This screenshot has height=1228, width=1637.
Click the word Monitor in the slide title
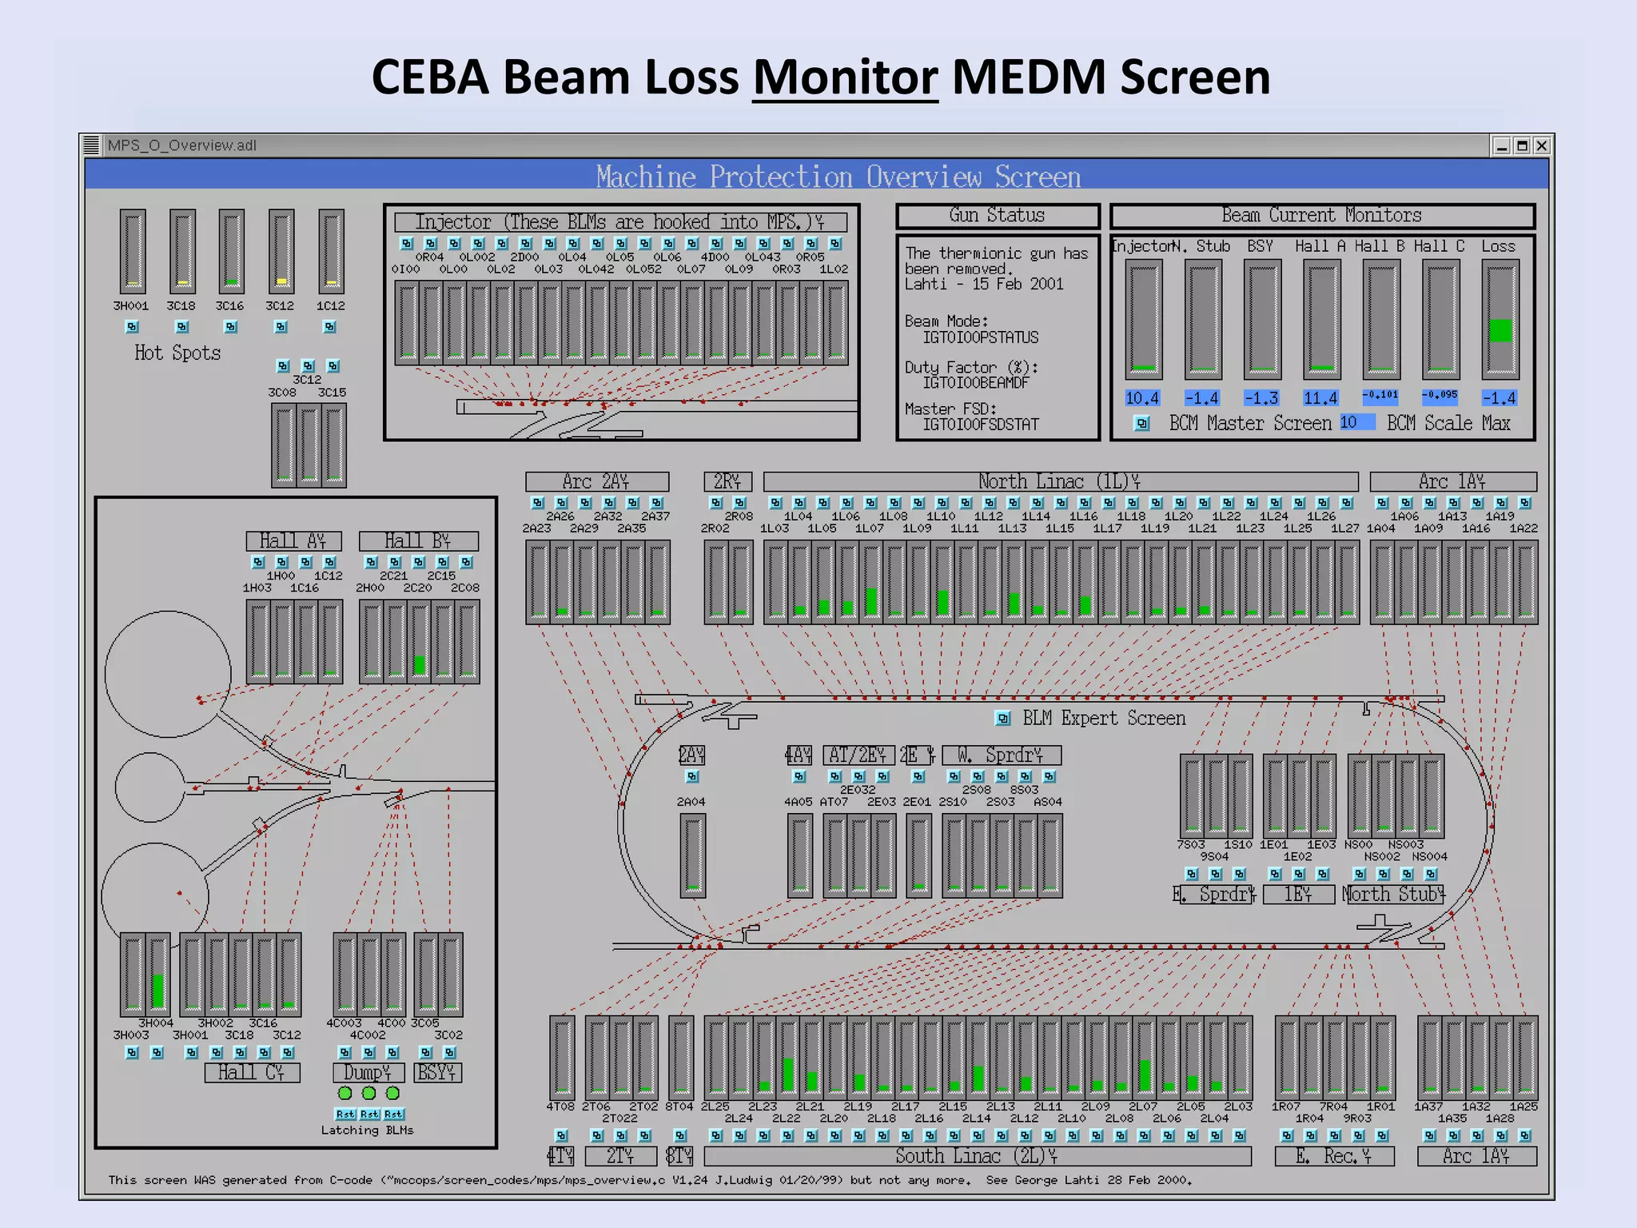click(x=845, y=78)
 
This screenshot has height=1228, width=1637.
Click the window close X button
click(x=1542, y=146)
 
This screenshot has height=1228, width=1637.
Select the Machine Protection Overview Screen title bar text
click(x=838, y=177)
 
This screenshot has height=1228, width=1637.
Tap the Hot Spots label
click(x=177, y=353)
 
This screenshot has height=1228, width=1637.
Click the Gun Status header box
click(x=997, y=216)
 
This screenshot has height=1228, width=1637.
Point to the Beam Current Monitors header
click(x=1321, y=216)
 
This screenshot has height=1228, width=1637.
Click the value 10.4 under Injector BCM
click(x=1142, y=398)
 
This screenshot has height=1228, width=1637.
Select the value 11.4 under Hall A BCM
click(x=1320, y=398)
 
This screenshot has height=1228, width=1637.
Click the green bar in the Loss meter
click(x=1500, y=330)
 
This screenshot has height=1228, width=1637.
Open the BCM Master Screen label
click(x=1250, y=423)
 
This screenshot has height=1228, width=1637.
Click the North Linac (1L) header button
click(x=1059, y=481)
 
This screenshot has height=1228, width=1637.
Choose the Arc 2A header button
click(x=596, y=481)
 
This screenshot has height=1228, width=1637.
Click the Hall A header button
click(x=293, y=541)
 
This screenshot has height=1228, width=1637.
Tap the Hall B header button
click(x=418, y=541)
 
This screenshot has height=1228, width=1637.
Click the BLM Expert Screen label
click(x=1103, y=718)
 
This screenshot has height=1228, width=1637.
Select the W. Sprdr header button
click(x=1001, y=756)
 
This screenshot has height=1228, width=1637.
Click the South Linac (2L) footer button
click(x=976, y=1156)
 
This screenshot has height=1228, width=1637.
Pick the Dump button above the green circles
click(x=368, y=1072)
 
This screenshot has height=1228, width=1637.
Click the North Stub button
click(x=1393, y=894)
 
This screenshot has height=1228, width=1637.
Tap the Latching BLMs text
click(x=367, y=1130)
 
